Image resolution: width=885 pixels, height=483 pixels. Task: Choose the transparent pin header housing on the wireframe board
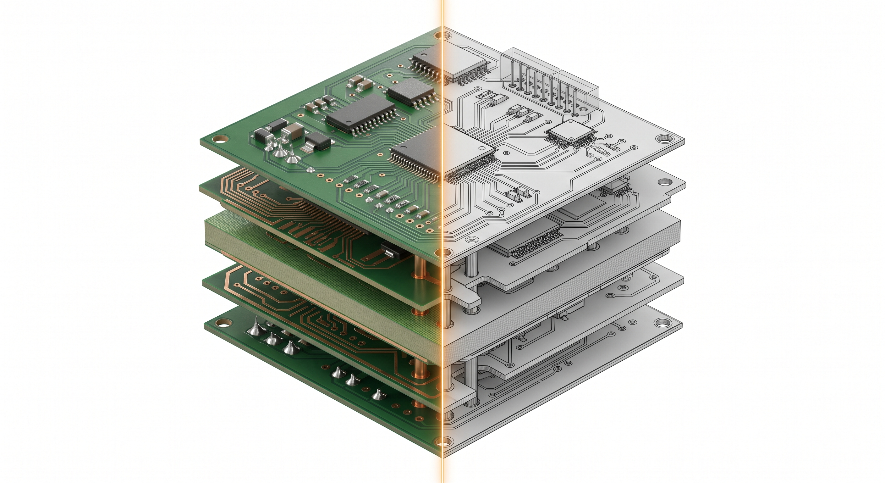pos(550,82)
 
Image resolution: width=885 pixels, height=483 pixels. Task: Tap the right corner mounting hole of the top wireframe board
pos(663,139)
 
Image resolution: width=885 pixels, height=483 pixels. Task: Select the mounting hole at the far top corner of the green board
pos(439,36)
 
